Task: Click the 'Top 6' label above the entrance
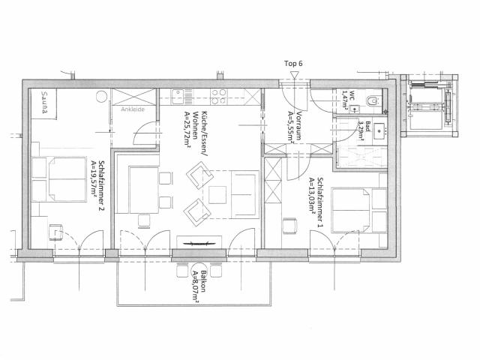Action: (x=293, y=64)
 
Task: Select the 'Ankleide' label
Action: (x=133, y=108)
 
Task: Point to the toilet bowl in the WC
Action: (x=370, y=100)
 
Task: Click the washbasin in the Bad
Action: (x=378, y=129)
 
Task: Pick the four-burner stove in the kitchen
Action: (x=218, y=96)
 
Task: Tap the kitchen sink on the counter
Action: (x=179, y=96)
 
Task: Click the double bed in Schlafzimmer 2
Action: (x=60, y=179)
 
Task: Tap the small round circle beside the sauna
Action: (x=101, y=97)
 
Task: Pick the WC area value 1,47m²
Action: (x=346, y=97)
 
